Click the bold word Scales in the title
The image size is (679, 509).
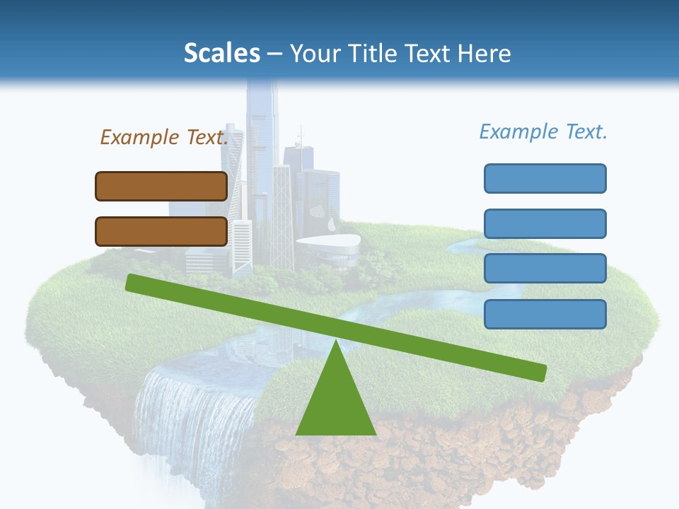[222, 53]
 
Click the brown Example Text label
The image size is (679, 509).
[164, 137]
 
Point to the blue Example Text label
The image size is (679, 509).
[543, 131]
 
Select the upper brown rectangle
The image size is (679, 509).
[161, 186]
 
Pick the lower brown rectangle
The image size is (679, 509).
[161, 231]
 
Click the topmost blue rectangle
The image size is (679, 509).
[545, 178]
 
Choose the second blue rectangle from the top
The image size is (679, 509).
[545, 223]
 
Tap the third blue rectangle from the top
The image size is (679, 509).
[545, 268]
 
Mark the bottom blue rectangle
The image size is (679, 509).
[545, 314]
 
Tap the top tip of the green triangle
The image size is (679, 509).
[335, 342]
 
